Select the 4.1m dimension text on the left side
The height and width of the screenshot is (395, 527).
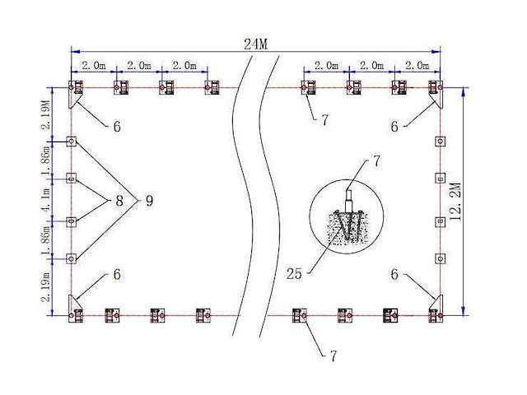(48, 198)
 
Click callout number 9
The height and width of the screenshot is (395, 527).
(150, 199)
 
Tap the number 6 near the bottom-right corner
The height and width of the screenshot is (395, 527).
(394, 274)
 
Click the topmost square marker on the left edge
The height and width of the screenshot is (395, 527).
(72, 141)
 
